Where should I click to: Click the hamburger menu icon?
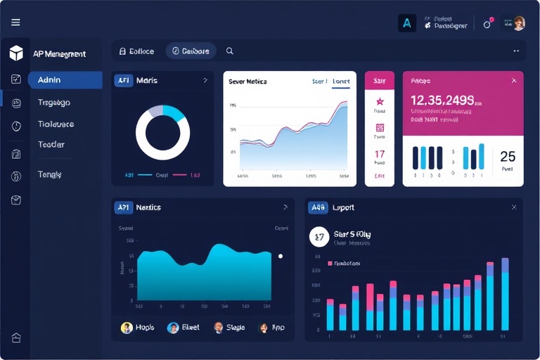[15, 22]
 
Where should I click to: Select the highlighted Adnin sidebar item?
[65, 80]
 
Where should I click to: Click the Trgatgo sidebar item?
[54, 103]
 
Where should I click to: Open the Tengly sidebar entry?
[50, 174]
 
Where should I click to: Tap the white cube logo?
[16, 53]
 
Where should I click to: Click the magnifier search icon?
[230, 51]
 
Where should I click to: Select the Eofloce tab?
[137, 51]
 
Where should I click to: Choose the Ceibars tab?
[191, 51]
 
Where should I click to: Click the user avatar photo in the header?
[518, 23]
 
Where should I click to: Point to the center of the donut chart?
[162, 134]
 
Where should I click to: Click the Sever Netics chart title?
[247, 82]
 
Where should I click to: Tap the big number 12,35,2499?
[442, 100]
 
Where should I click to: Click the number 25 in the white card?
[507, 157]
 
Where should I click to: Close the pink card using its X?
[513, 81]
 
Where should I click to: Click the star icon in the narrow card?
[380, 102]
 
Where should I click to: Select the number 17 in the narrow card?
[380, 154]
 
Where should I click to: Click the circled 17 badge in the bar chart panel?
[319, 237]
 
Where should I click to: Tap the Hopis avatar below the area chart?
[127, 328]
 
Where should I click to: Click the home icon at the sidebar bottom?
[16, 337]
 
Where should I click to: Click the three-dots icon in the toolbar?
[516, 51]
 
